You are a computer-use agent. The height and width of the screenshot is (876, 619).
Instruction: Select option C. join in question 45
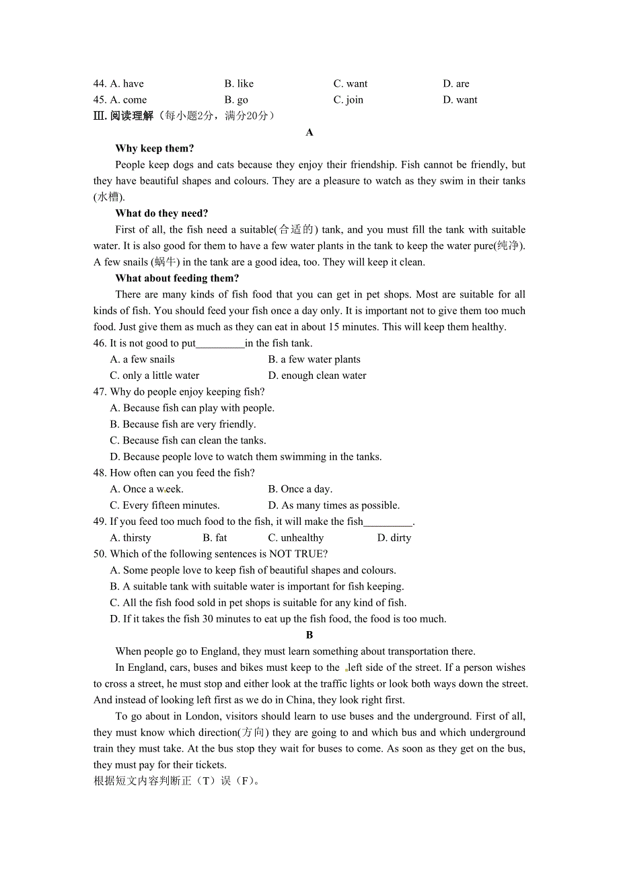point(348,100)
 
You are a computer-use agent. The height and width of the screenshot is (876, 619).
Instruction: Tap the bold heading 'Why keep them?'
point(155,149)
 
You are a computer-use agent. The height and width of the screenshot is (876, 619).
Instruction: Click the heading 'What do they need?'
point(161,213)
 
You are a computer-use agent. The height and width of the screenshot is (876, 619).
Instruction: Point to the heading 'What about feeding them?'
point(177,279)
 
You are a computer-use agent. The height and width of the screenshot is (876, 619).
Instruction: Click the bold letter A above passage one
point(309,133)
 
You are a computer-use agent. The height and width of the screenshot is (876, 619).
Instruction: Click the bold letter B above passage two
point(309,635)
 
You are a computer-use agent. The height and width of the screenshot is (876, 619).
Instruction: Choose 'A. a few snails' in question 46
point(142,359)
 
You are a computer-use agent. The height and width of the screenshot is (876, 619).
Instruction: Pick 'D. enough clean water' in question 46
point(317,375)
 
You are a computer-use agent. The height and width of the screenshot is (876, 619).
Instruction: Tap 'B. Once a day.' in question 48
point(300,489)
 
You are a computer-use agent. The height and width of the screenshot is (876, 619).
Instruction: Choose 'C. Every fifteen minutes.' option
point(165,505)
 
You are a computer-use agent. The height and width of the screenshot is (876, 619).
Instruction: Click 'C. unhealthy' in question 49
point(295,538)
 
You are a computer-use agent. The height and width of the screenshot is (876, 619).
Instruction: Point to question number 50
point(100,554)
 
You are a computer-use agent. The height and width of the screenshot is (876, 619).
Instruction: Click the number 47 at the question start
point(100,392)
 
